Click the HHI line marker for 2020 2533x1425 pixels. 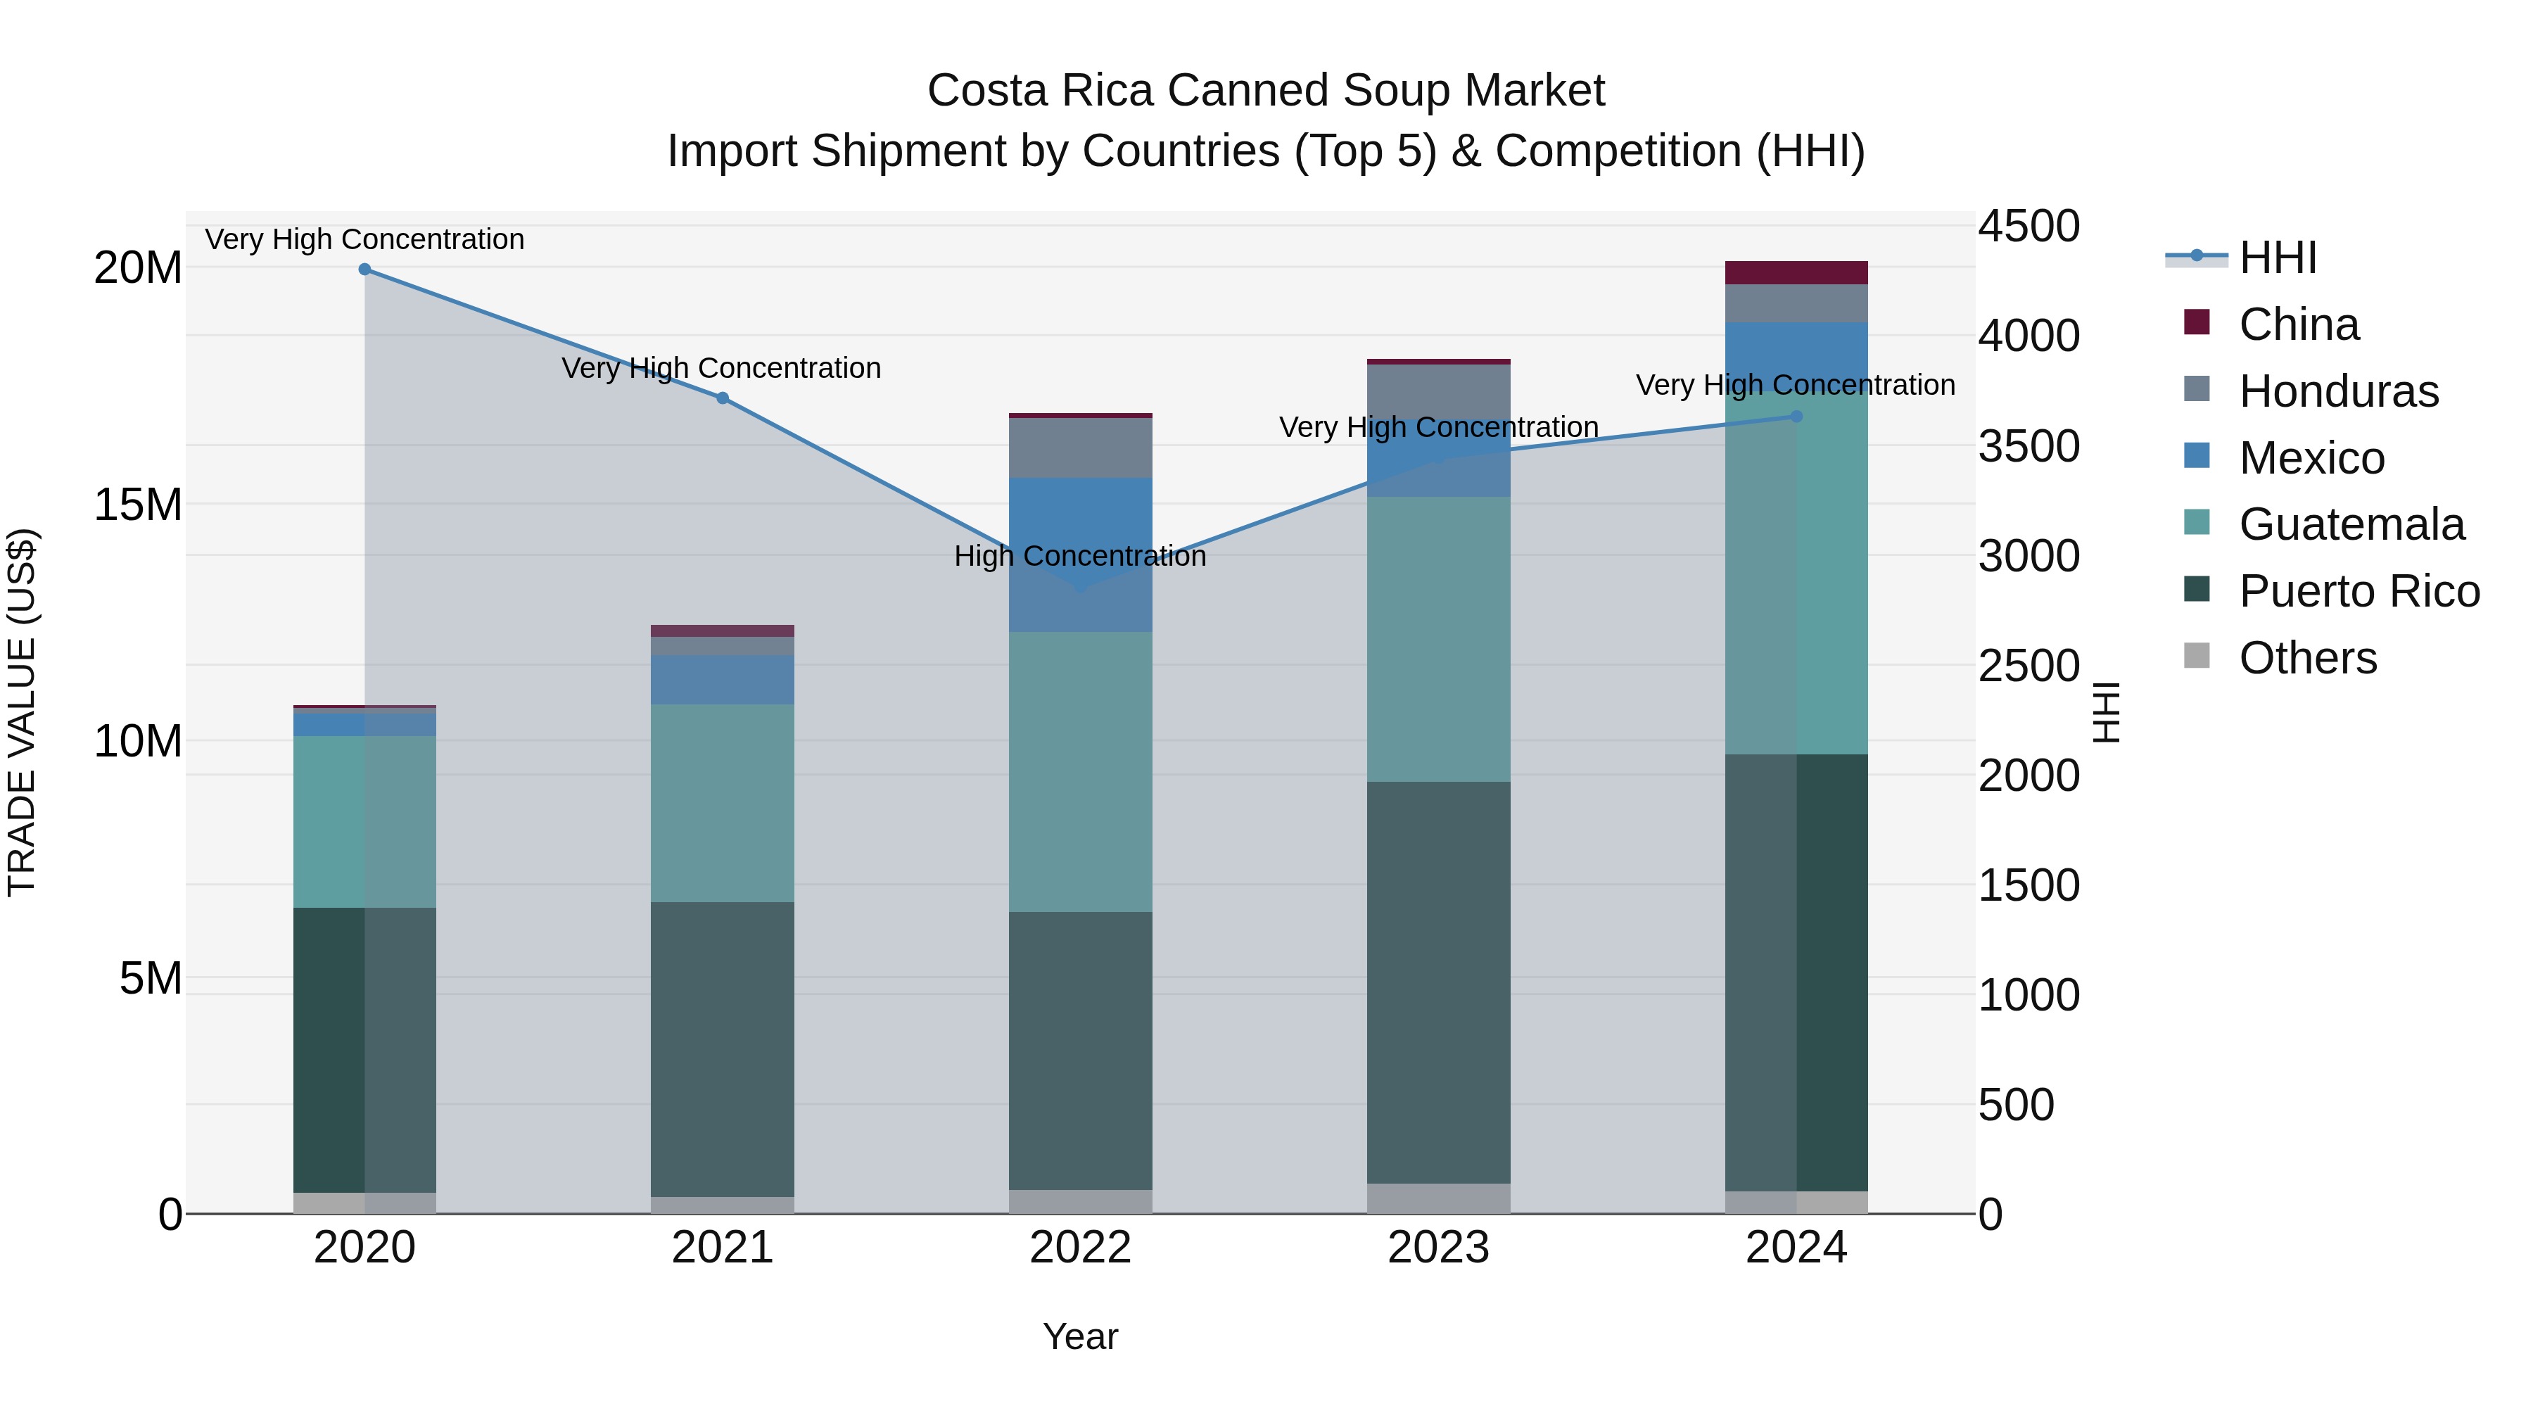364,270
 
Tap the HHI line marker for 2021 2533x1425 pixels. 723,398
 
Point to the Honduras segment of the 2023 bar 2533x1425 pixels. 1439,391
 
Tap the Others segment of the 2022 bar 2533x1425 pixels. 1081,1202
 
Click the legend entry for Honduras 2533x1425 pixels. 2338,391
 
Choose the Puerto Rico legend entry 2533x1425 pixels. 2358,592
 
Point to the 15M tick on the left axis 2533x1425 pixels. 138,505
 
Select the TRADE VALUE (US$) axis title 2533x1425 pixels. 22,712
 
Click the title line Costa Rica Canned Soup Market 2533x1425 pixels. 1266,91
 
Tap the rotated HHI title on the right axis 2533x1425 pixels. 2105,712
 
